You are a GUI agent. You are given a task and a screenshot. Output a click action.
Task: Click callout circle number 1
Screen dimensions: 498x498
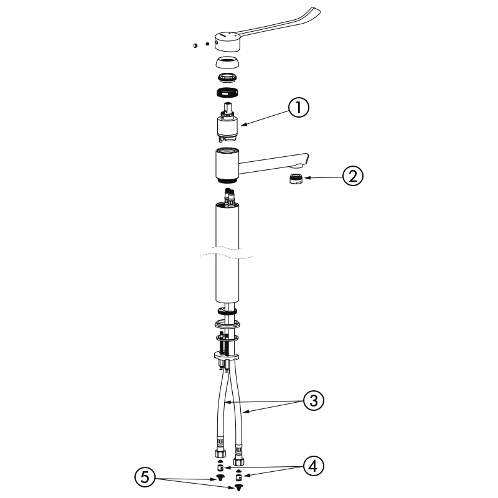pos(299,107)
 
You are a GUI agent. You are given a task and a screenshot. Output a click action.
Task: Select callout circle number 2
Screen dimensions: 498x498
pos(353,176)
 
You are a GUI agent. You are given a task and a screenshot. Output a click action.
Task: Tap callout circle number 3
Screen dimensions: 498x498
pos(314,400)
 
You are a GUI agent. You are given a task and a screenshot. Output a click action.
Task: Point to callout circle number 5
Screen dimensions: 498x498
pos(145,477)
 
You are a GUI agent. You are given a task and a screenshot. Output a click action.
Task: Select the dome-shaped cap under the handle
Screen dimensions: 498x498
pos(227,62)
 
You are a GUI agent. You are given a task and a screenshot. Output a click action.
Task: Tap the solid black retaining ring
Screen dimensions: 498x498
pos(227,92)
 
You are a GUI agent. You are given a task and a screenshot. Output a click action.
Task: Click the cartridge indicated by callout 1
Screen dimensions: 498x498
pos(227,123)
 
